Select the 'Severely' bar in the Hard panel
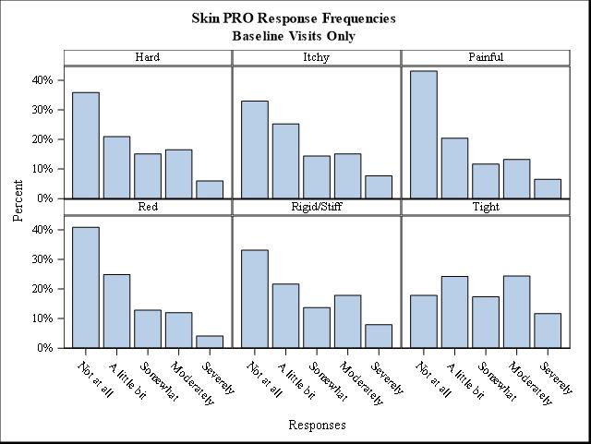[210, 189]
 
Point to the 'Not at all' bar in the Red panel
[85, 287]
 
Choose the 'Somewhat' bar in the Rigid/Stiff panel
[317, 328]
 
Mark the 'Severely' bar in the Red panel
[210, 342]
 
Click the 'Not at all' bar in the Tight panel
[423, 321]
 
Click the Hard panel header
[148, 57]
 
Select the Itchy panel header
[316, 57]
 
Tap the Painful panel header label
[486, 57]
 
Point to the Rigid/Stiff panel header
[316, 207]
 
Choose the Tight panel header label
[486, 207]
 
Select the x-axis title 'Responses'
[317, 426]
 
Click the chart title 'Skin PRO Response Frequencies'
[294, 18]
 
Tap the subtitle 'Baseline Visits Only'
[294, 36]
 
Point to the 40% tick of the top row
[42, 80]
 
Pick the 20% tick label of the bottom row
[42, 289]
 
